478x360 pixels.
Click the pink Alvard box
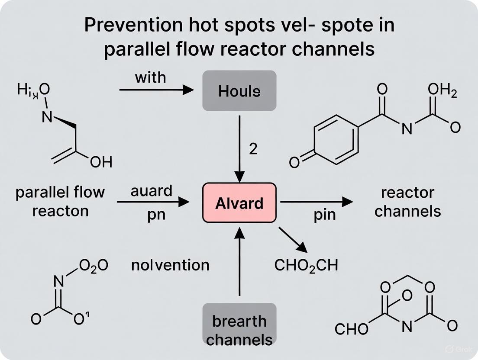point(239,202)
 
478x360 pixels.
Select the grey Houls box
point(239,90)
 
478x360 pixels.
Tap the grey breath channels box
point(239,330)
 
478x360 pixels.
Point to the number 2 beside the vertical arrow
point(253,149)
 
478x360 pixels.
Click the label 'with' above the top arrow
point(150,77)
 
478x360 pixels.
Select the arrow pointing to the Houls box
point(156,90)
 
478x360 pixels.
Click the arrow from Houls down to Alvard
point(239,147)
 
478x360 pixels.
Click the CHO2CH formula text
point(306,265)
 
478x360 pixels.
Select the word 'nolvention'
point(170,265)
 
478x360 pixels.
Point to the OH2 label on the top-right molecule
point(442,91)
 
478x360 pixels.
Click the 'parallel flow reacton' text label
point(60,201)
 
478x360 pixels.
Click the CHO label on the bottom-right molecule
point(352,330)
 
